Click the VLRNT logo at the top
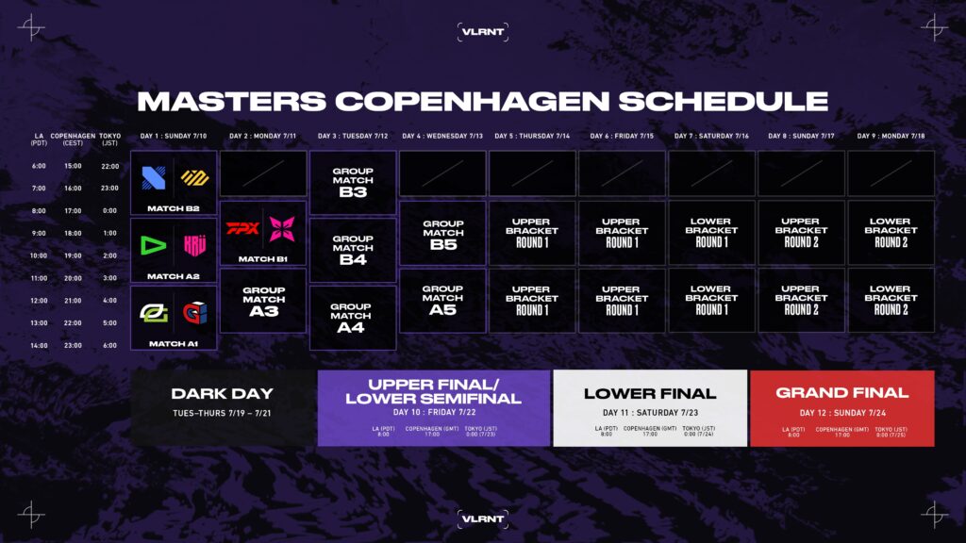[x=482, y=31]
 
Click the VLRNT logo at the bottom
[x=482, y=517]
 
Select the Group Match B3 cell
[x=353, y=183]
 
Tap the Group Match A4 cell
[x=353, y=318]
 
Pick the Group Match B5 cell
[x=442, y=233]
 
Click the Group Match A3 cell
[x=263, y=300]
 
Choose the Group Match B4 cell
[x=353, y=251]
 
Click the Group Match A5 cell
[x=442, y=300]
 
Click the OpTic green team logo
[x=153, y=313]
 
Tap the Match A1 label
[x=174, y=343]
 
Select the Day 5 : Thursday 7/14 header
[x=532, y=137]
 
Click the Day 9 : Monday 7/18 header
[x=891, y=137]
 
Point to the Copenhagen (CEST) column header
[x=73, y=140]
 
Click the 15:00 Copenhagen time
[x=73, y=166]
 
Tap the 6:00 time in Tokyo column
[x=108, y=345]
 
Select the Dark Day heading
[x=223, y=394]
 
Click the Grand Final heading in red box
[x=841, y=393]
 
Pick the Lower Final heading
[x=650, y=394]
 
